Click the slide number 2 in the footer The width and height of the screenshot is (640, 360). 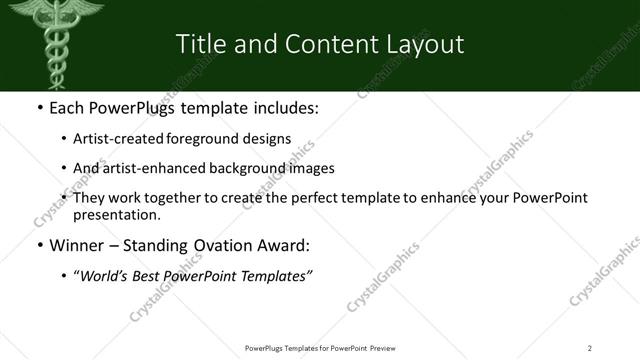tap(590, 348)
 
